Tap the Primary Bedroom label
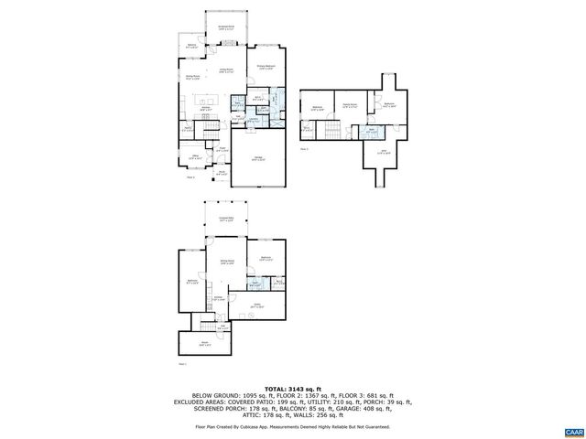point(266,67)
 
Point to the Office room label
point(195,157)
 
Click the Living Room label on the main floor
point(225,70)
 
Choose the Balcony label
point(192,46)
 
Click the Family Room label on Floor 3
point(348,107)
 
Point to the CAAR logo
point(572,430)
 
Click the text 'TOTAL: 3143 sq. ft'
point(292,388)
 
